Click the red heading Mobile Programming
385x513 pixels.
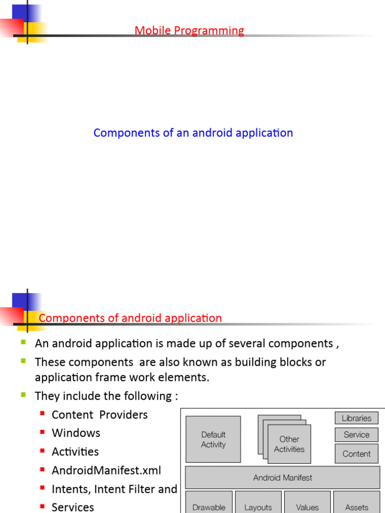[189, 31]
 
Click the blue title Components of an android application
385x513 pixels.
[193, 133]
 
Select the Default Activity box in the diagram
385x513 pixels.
[213, 439]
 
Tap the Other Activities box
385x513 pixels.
[289, 444]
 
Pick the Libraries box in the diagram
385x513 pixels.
[356, 418]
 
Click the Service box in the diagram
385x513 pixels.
[356, 435]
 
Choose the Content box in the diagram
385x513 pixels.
[356, 454]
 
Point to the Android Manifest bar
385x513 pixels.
[282, 478]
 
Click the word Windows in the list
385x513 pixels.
[76, 433]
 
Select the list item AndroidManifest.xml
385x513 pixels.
[106, 470]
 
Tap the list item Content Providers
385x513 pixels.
[100, 415]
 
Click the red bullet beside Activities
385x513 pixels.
[42, 451]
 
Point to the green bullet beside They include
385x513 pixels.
[23, 395]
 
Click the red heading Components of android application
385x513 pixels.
[130, 318]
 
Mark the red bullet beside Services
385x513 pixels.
[42, 506]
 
